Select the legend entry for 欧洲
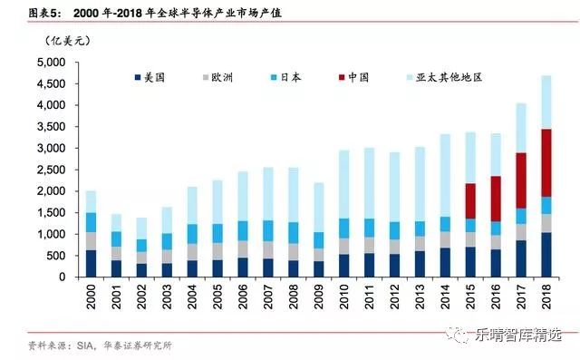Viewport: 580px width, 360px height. tap(226, 78)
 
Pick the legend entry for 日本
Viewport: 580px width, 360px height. tap(297, 78)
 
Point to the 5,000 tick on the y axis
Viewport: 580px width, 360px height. tap(47, 63)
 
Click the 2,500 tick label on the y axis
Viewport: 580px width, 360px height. tap(47, 170)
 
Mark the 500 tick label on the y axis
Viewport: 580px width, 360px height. tap(53, 255)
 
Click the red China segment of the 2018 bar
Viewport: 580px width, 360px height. tap(547, 163)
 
